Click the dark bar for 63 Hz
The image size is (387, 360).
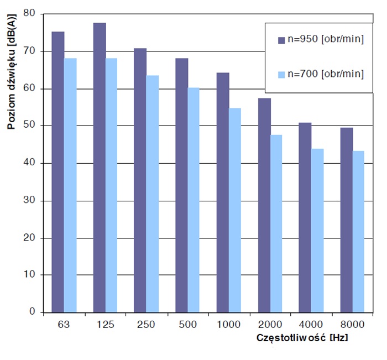[x=58, y=171]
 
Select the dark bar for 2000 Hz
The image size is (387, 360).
[x=264, y=205]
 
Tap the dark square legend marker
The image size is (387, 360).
[x=280, y=40]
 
